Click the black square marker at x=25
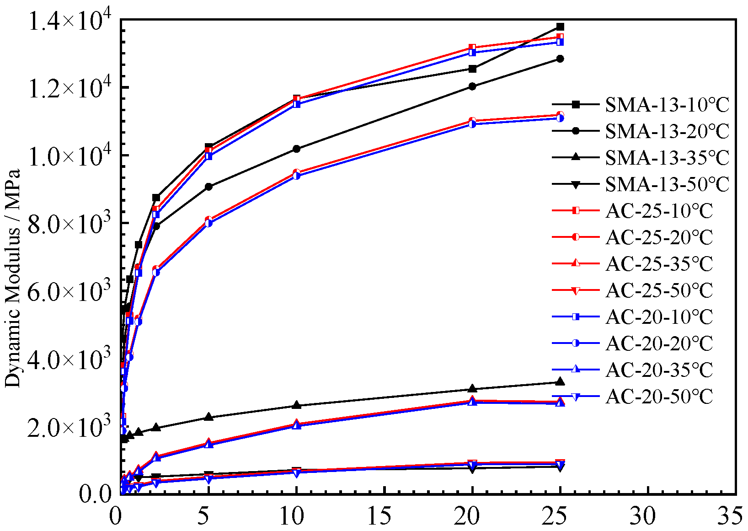[560, 27]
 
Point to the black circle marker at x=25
[560, 59]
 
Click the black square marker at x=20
[473, 69]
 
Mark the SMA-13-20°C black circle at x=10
[296, 149]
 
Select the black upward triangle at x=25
[560, 382]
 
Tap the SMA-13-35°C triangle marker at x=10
[296, 405]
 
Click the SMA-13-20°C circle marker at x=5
[208, 187]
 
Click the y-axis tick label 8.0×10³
[69, 224]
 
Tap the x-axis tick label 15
[379, 516]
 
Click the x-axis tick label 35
[730, 516]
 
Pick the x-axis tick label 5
[203, 516]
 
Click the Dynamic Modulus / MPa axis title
[13, 278]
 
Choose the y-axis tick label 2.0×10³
[69, 427]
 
